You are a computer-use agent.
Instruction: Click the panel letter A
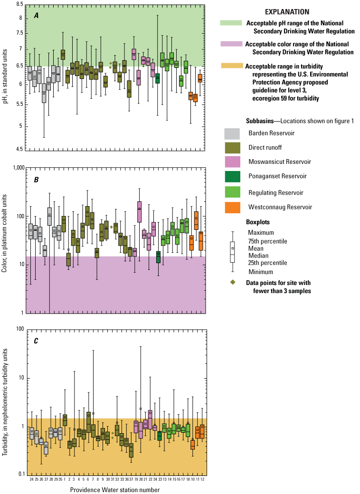point(36,15)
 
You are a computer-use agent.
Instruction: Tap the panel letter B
point(36,180)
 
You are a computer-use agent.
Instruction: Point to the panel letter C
point(36,341)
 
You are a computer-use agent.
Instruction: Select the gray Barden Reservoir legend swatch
point(232,133)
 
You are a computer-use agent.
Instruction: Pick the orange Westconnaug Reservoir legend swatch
point(232,207)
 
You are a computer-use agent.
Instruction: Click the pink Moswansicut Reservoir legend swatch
point(232,161)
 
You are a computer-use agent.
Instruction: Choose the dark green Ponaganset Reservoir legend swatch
point(232,176)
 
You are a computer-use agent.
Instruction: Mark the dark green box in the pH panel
point(157,78)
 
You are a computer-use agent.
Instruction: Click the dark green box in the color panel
point(158,257)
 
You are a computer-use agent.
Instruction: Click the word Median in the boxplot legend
point(257,255)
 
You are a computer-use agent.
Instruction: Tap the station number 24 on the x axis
point(31,480)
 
